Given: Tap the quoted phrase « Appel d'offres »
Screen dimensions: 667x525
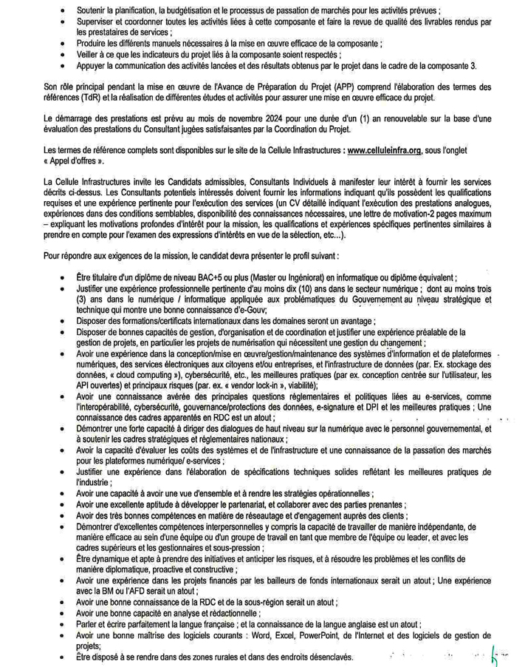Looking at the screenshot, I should click(x=74, y=160).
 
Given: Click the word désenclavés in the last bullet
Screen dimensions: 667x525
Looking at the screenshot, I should click(x=322, y=657).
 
